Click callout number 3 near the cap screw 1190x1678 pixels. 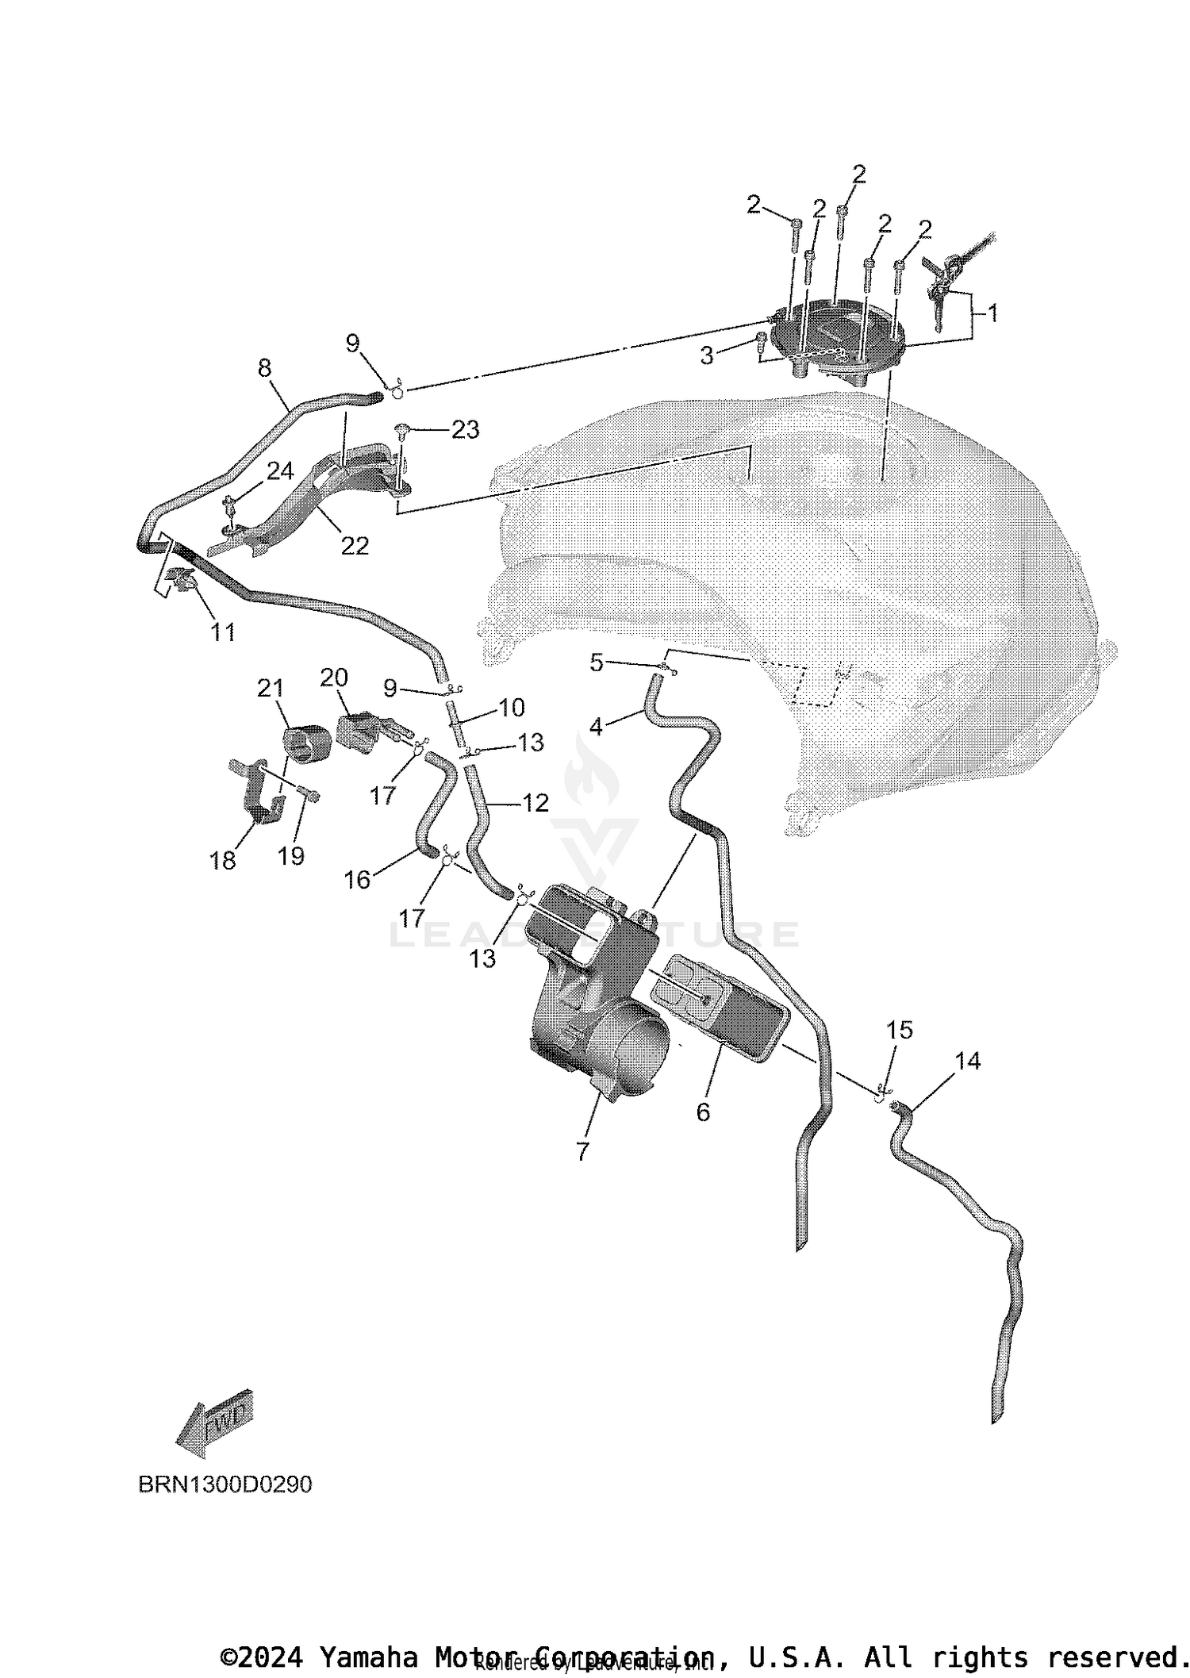click(x=707, y=355)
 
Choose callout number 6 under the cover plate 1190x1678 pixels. click(x=703, y=1112)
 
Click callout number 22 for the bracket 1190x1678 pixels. click(x=355, y=546)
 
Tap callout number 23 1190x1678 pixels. click(x=465, y=429)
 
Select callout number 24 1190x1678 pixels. click(x=279, y=471)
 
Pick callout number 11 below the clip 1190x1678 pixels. click(x=223, y=632)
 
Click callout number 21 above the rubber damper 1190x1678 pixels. click(x=271, y=688)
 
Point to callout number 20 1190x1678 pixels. click(x=334, y=678)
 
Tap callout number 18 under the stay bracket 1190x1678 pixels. click(x=223, y=861)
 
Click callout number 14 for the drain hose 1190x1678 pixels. click(x=968, y=1061)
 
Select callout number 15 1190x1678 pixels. click(x=900, y=1030)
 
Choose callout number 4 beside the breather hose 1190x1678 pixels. click(x=596, y=726)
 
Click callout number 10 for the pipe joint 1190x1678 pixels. click(x=512, y=707)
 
